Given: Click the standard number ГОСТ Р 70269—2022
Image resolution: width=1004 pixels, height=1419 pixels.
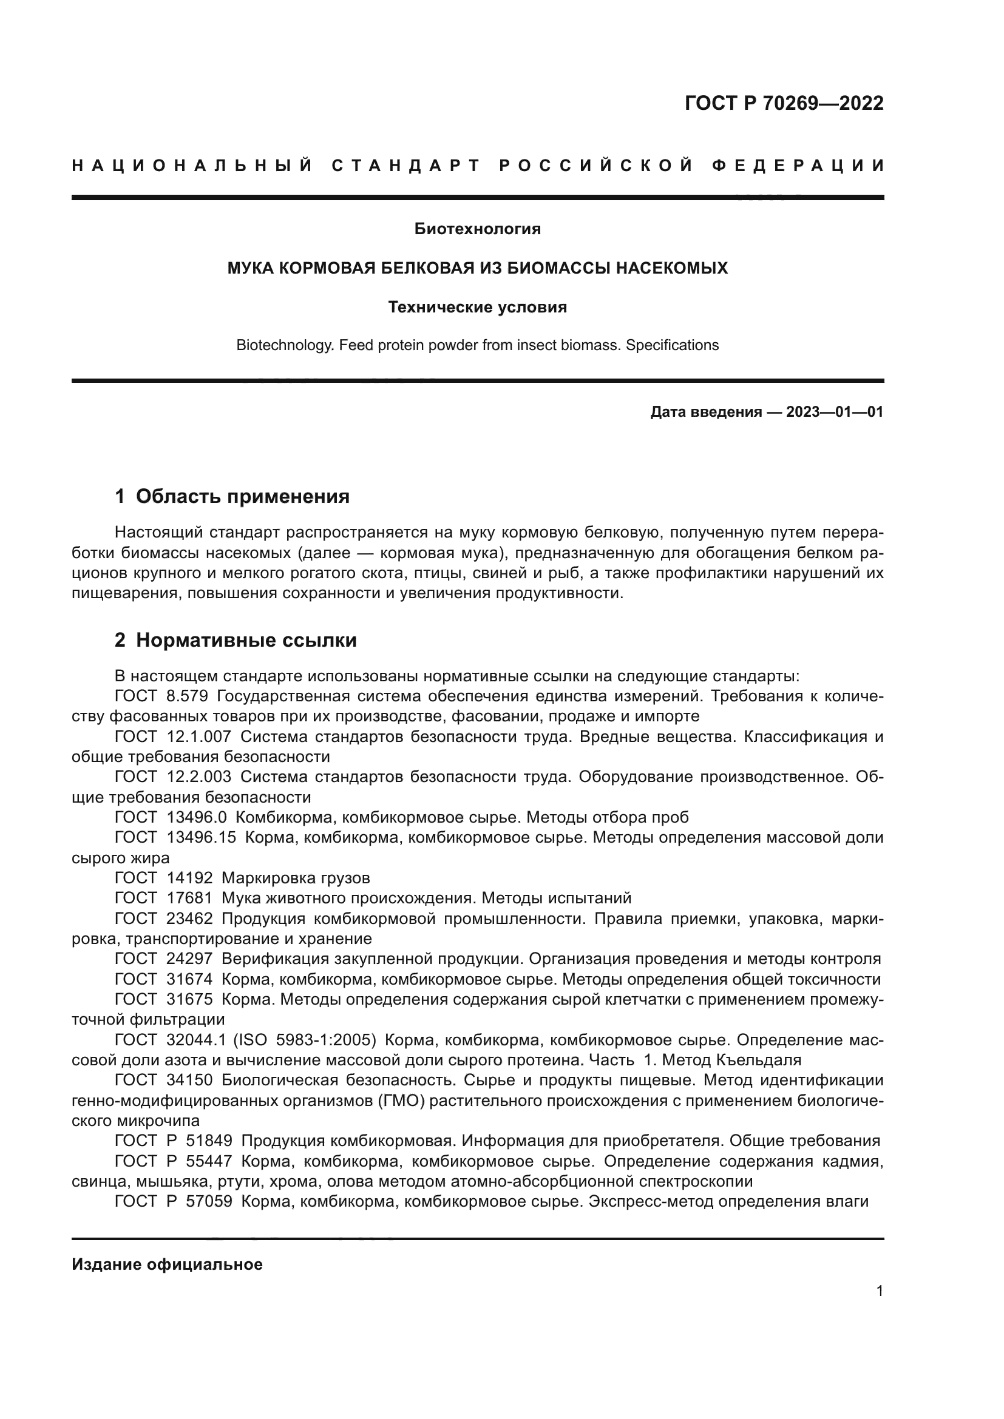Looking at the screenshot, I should (783, 103).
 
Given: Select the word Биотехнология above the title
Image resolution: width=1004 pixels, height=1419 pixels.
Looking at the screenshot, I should (477, 229).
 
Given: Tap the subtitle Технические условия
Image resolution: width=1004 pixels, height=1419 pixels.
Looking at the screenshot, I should (477, 307).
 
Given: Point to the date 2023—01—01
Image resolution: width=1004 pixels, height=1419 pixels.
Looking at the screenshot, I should (834, 412).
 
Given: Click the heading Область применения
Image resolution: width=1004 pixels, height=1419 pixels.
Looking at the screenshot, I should (242, 496).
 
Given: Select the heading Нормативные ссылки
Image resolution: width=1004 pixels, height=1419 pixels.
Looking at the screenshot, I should (246, 640).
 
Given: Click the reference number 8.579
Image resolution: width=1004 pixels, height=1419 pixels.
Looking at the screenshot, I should (188, 696).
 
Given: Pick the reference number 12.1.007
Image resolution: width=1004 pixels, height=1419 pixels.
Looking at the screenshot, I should (199, 736).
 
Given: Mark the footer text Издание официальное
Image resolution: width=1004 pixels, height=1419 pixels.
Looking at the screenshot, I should (167, 1265).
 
